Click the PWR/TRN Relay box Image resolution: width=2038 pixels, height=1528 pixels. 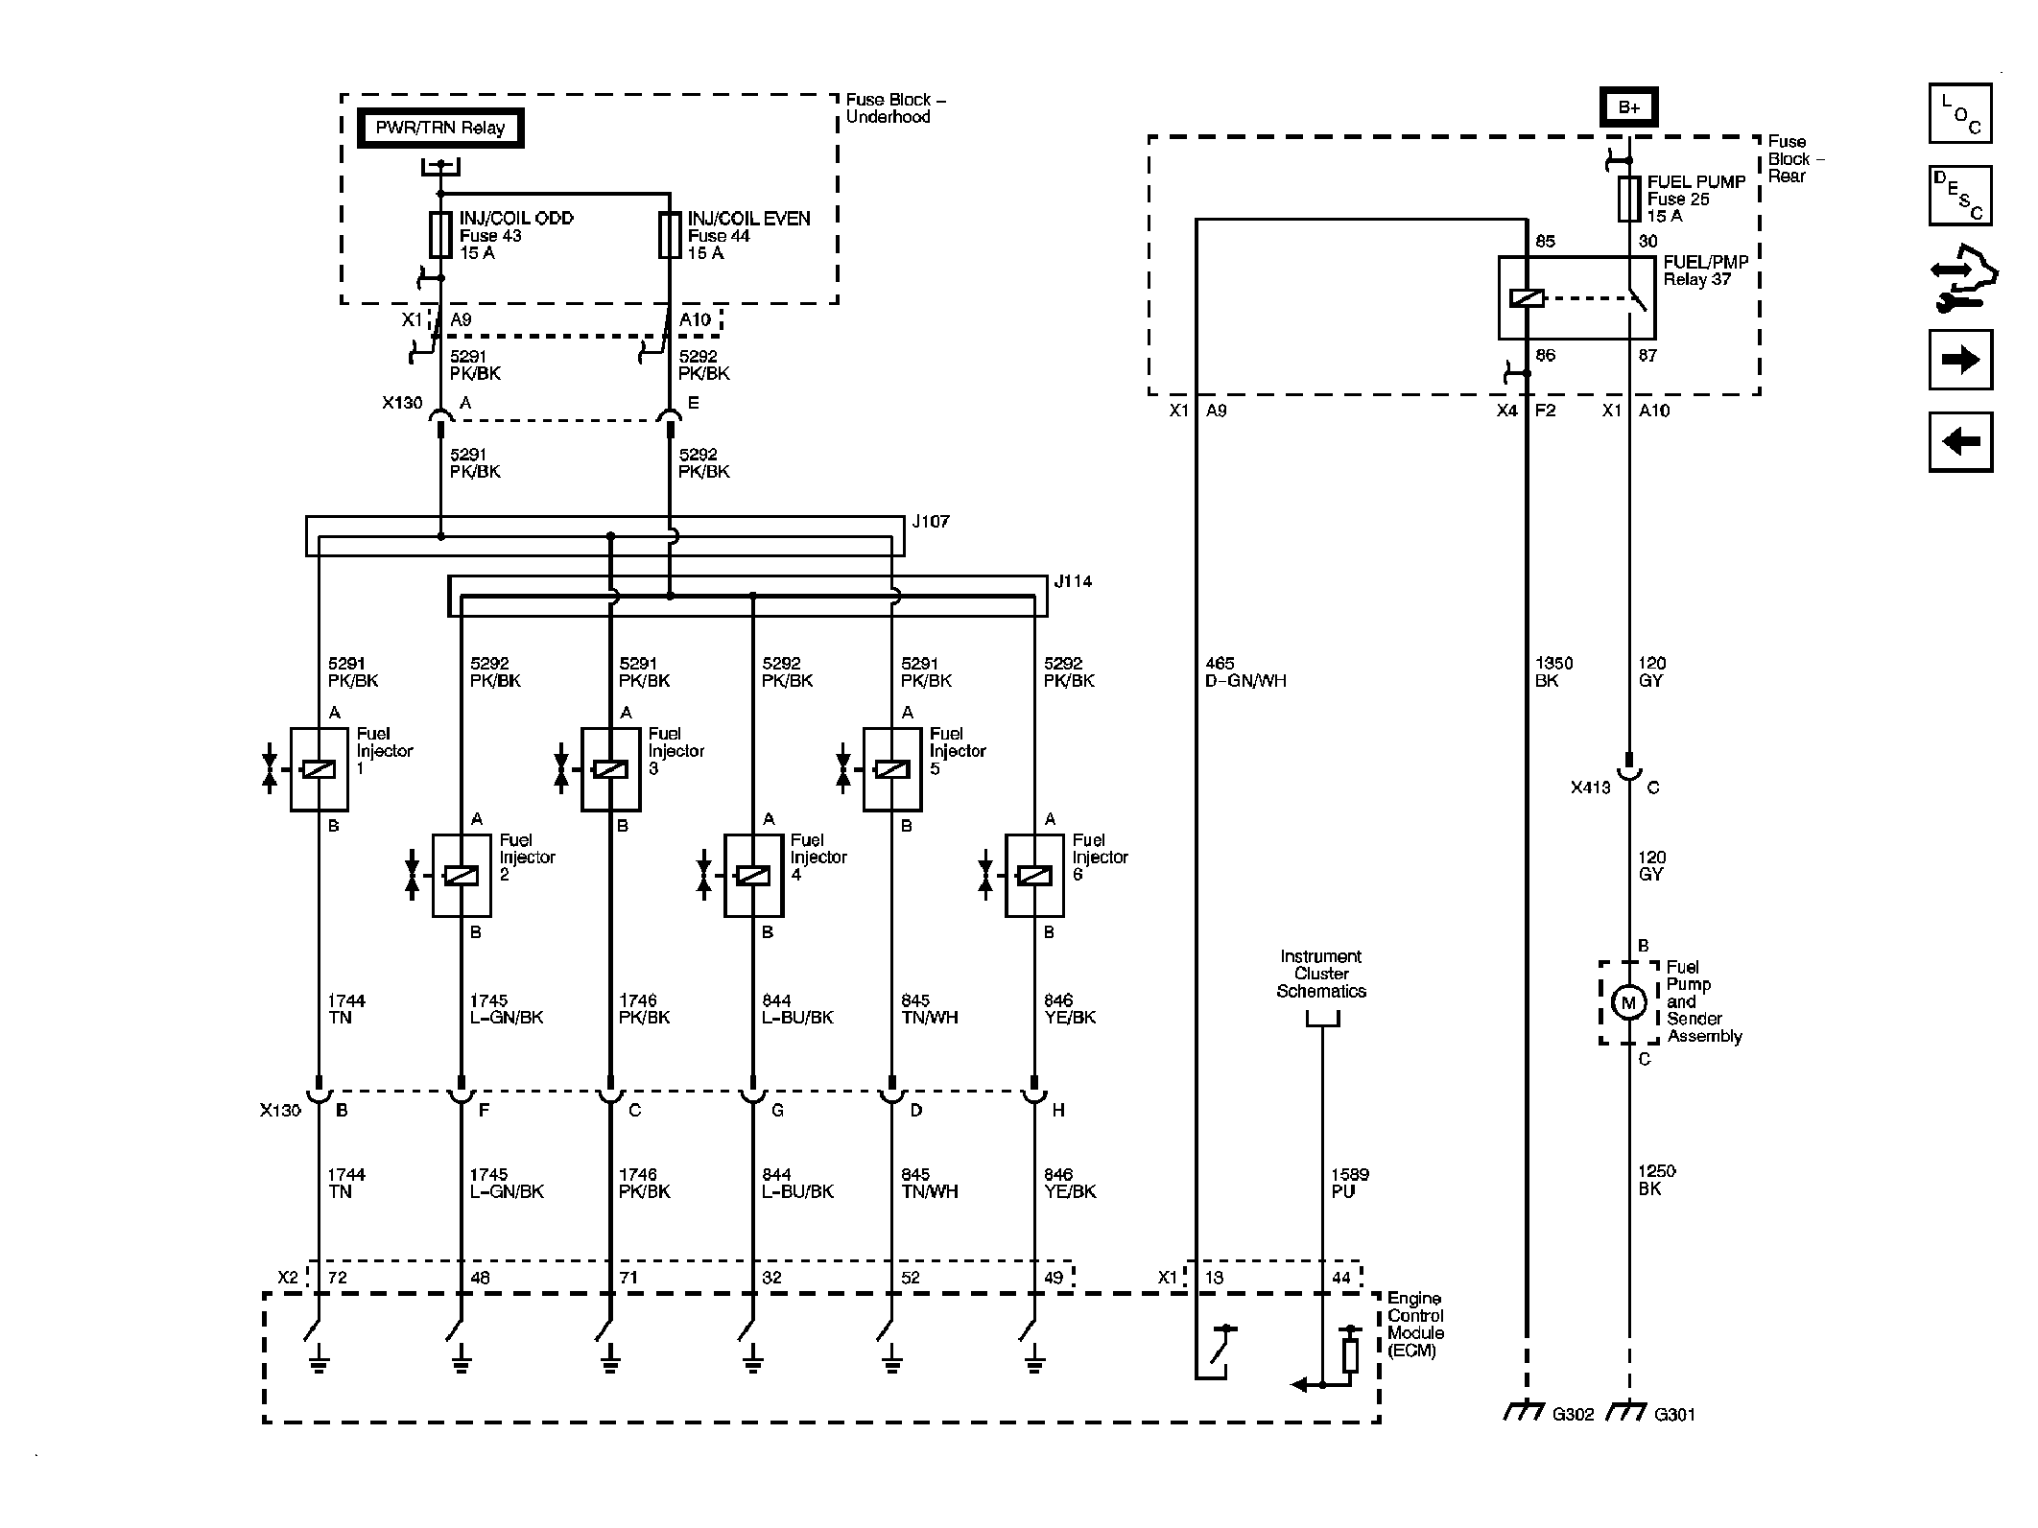click(x=440, y=129)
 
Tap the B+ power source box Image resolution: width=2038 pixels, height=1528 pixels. click(x=1629, y=107)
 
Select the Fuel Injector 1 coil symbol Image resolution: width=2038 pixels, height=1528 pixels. click(x=319, y=769)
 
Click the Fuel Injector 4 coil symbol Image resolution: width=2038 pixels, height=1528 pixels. click(x=752, y=876)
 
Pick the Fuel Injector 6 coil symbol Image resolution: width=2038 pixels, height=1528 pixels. click(x=1033, y=876)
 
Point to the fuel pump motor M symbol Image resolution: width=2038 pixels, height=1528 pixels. click(x=1628, y=1003)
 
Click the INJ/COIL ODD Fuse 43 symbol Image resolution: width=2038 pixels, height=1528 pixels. click(x=440, y=235)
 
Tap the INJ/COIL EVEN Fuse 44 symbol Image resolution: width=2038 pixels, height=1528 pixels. click(x=670, y=235)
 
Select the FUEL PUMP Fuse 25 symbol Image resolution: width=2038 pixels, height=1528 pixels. click(x=1629, y=199)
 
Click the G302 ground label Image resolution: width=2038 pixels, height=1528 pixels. click(x=1574, y=1414)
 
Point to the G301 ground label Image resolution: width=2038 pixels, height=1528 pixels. click(x=1675, y=1414)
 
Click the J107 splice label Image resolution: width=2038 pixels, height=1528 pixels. click(x=931, y=522)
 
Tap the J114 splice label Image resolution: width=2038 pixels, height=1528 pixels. click(x=1073, y=581)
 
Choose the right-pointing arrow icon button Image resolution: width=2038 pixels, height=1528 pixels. click(x=1960, y=360)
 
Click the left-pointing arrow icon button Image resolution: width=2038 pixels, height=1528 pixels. click(x=1960, y=442)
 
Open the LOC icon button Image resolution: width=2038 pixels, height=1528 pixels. click(x=1960, y=113)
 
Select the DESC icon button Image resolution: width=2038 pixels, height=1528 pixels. click(x=1960, y=196)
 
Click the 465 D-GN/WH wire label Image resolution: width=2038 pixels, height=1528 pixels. click(x=1245, y=672)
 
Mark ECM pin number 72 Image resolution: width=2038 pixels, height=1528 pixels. click(x=337, y=1278)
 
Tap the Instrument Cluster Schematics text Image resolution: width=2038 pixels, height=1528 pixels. click(x=1321, y=974)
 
